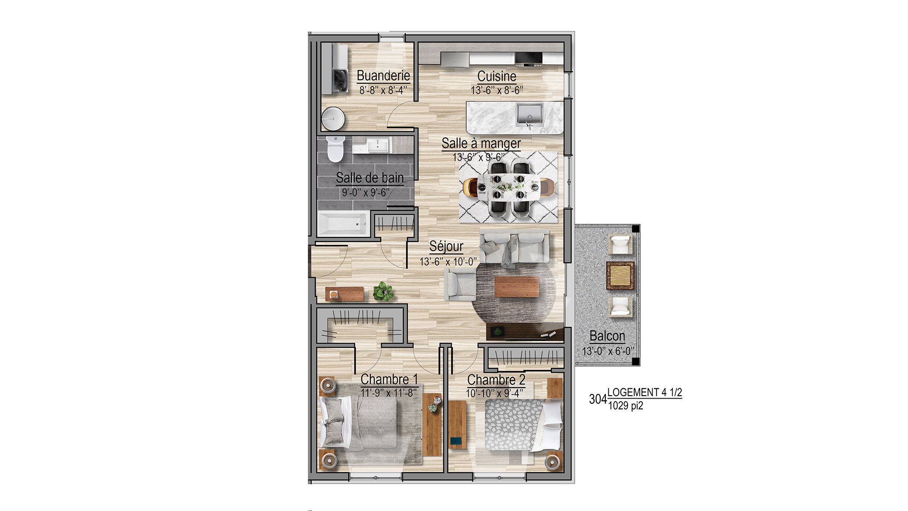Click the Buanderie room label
(x=383, y=76)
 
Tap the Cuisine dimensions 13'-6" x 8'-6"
(x=497, y=90)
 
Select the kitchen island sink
(x=530, y=114)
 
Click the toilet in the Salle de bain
(x=335, y=149)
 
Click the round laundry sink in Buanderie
(x=333, y=118)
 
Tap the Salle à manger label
(x=481, y=144)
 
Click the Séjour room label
(x=446, y=246)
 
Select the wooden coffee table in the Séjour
(x=517, y=287)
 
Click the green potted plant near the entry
(x=383, y=291)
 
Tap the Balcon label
(x=607, y=336)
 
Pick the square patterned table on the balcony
(x=620, y=275)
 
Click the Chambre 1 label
(x=389, y=379)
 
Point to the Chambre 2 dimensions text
(x=495, y=393)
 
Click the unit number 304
(x=598, y=399)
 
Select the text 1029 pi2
(x=625, y=406)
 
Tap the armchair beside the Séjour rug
(x=460, y=284)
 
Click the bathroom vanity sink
(x=378, y=145)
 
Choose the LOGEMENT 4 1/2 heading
(x=644, y=392)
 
